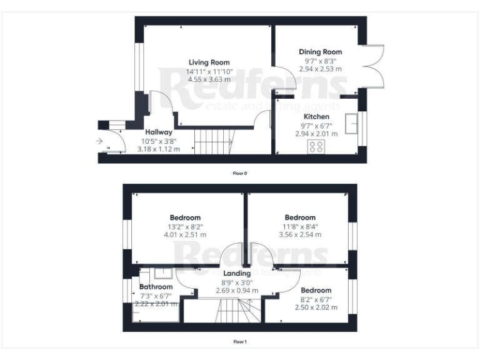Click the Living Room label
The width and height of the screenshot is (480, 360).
(x=209, y=62)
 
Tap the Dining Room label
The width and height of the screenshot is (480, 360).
(x=320, y=52)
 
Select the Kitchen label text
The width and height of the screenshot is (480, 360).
(x=316, y=117)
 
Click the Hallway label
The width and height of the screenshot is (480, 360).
(x=158, y=132)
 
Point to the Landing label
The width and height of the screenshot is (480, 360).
(x=237, y=273)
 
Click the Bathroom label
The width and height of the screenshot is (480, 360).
(x=155, y=287)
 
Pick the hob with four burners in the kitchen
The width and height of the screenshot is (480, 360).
(x=316, y=147)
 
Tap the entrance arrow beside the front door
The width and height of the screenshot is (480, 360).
(x=99, y=142)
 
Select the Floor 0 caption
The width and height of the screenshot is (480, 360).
(x=240, y=172)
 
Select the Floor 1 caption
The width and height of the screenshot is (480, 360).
(x=240, y=342)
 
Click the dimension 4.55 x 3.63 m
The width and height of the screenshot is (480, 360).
(x=209, y=80)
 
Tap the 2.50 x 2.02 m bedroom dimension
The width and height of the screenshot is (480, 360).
(x=316, y=307)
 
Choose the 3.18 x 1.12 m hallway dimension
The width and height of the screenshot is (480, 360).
(x=158, y=149)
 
